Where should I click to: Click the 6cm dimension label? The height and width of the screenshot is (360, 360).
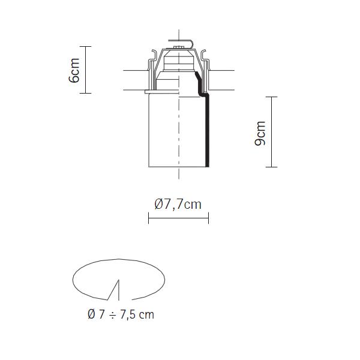pos(74,70)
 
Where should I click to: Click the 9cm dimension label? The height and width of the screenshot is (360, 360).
pos(260,133)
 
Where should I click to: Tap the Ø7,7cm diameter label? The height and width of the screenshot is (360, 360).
pos(178,204)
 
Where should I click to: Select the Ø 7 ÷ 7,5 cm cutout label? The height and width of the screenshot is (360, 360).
pos(121,314)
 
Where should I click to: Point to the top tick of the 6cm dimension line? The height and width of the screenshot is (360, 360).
pos(85,46)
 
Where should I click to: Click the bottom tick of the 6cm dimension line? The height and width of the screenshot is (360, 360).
pos(85,93)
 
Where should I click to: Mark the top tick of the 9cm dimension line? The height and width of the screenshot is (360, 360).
pos(272,97)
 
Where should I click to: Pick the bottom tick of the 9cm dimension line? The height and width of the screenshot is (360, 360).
pos(272,167)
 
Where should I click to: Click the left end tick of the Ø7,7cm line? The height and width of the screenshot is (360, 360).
pos(149,218)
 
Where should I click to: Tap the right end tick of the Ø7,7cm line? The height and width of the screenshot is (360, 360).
pos(208,218)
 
